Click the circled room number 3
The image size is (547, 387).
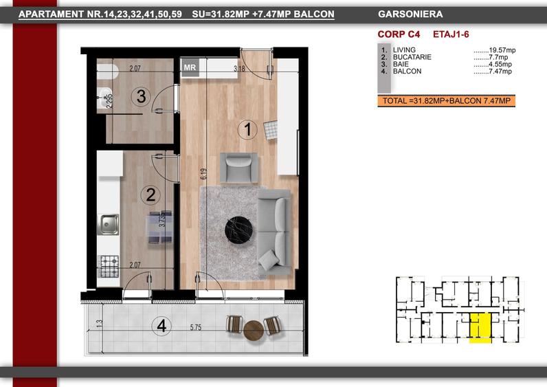pyautogui.click(x=141, y=96)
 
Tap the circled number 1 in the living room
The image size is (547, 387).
pyautogui.click(x=247, y=129)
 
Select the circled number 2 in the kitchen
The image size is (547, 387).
pyautogui.click(x=150, y=195)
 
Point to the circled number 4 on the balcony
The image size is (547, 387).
pyautogui.click(x=161, y=326)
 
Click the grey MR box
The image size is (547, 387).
pyautogui.click(x=190, y=67)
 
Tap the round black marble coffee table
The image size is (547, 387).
pyautogui.click(x=238, y=230)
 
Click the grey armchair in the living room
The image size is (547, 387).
pyautogui.click(x=239, y=168)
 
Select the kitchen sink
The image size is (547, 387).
pyautogui.click(x=109, y=224)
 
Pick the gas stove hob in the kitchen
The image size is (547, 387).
pyautogui.click(x=109, y=266)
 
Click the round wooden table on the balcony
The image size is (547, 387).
pyautogui.click(x=254, y=331)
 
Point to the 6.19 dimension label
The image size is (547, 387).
pyautogui.click(x=203, y=174)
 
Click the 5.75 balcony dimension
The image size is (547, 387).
pyautogui.click(x=196, y=327)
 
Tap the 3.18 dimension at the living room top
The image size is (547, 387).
pyautogui.click(x=239, y=69)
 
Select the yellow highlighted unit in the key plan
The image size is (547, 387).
pyautogui.click(x=480, y=328)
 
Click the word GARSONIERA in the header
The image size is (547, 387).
pyautogui.click(x=410, y=14)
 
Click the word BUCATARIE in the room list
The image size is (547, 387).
pyautogui.click(x=412, y=57)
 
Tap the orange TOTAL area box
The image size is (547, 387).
pyautogui.click(x=446, y=101)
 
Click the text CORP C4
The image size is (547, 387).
pyautogui.click(x=399, y=34)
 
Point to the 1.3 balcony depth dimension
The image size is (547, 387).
pyautogui.click(x=100, y=324)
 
